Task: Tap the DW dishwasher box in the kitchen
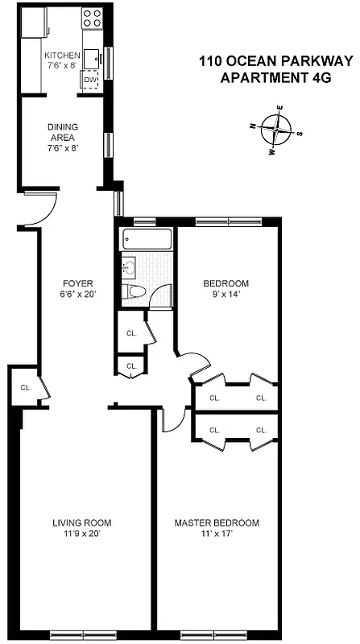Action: pos(90,80)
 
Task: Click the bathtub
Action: pos(147,239)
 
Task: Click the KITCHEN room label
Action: pos(62,56)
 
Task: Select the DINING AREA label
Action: pos(62,132)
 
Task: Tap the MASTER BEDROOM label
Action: pos(217,523)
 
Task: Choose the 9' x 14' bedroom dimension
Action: pos(226,294)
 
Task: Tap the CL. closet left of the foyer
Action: pos(25,387)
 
